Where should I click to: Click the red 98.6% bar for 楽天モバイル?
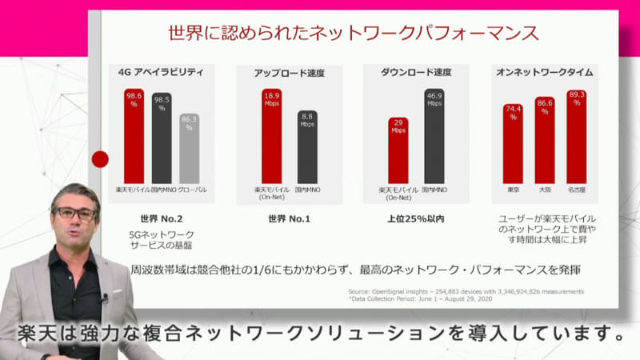pyautogui.click(x=134, y=136)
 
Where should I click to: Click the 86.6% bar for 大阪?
pyautogui.click(x=545, y=141)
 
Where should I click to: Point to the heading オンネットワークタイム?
pyautogui.click(x=546, y=72)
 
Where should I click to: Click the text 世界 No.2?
pyautogui.click(x=161, y=217)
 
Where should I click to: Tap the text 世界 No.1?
pyautogui.click(x=290, y=217)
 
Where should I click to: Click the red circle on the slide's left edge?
pyautogui.click(x=100, y=158)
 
